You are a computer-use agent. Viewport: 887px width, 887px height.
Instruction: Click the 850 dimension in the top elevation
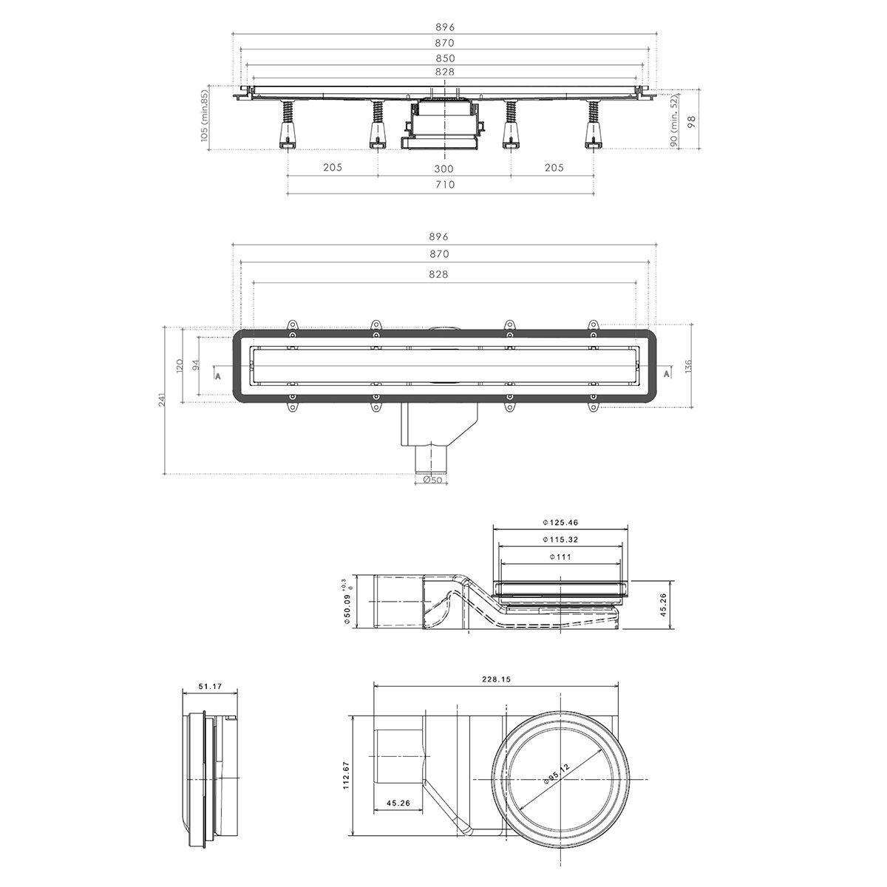point(444,58)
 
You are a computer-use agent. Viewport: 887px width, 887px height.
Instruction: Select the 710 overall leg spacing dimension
point(444,185)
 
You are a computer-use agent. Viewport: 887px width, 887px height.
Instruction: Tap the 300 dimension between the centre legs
point(444,168)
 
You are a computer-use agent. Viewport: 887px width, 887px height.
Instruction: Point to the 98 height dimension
point(692,121)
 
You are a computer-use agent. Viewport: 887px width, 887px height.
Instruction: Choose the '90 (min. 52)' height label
point(674,121)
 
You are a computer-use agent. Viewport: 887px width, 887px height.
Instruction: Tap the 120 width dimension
point(180,366)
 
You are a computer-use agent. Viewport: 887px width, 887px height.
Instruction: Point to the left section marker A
point(217,375)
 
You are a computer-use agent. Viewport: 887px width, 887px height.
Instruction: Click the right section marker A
point(667,375)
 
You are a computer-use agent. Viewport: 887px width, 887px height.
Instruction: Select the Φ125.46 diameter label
point(560,523)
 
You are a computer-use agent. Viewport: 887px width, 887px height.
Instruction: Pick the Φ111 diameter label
point(560,557)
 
